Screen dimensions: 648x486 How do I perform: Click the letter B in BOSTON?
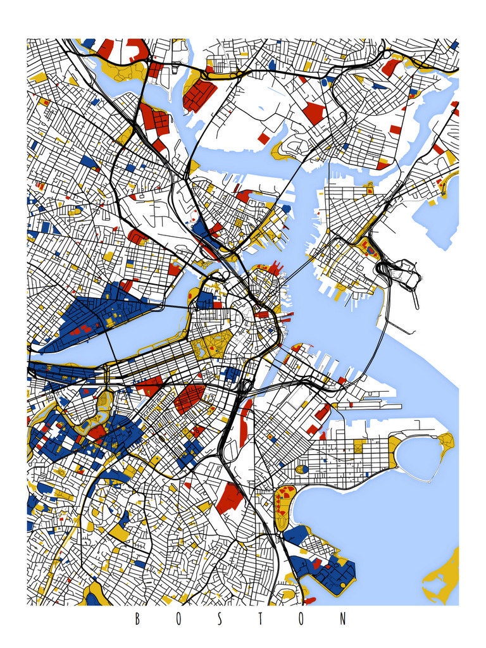[137, 619]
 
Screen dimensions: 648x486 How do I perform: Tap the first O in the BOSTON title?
[178, 619]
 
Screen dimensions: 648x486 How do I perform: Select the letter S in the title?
[220, 619]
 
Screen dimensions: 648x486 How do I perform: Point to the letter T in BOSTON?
[261, 619]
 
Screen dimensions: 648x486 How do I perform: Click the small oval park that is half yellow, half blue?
[303, 469]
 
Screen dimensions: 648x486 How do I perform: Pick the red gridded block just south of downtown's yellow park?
[190, 399]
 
